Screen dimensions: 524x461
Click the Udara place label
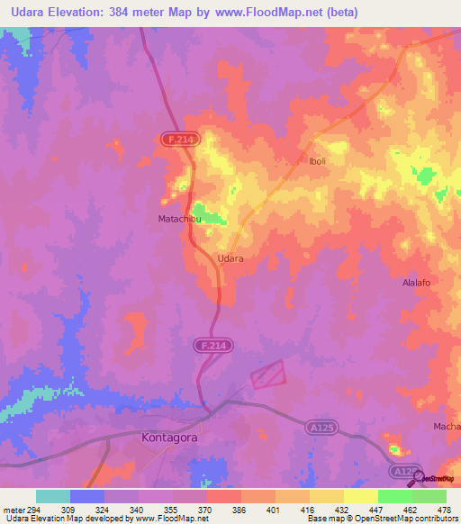tap(231, 257)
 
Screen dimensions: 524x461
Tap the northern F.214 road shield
tap(178, 139)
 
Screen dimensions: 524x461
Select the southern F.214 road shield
tap(212, 344)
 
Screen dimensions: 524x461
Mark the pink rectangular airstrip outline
tap(267, 374)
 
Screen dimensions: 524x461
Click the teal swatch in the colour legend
tap(53, 496)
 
